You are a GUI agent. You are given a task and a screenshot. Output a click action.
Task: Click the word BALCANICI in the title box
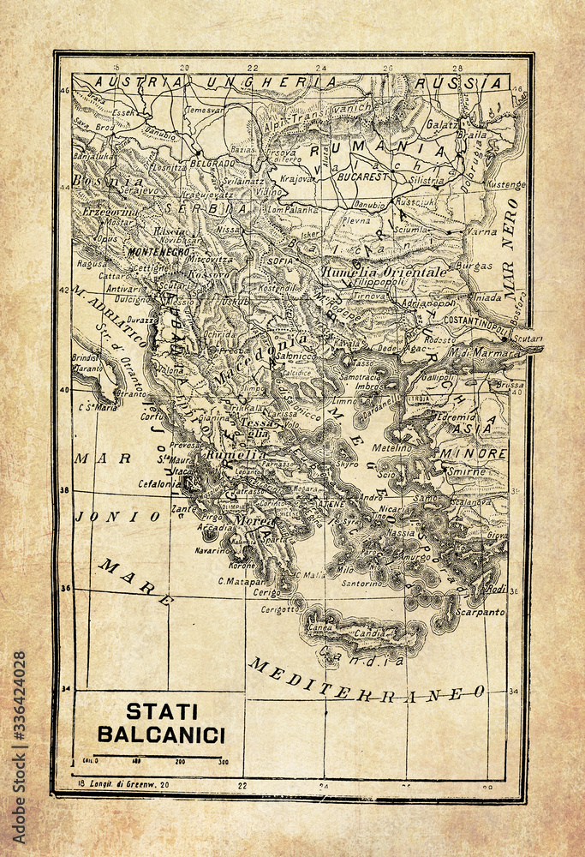tap(161, 734)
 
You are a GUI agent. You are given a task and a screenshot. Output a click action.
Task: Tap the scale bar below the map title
tap(158, 758)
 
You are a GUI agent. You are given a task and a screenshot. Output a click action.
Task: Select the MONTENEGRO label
tap(158, 252)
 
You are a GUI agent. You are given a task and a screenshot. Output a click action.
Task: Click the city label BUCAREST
tap(363, 176)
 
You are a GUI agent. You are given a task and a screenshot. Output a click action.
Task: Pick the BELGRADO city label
tap(212, 162)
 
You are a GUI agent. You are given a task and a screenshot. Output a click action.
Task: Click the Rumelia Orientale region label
tap(385, 271)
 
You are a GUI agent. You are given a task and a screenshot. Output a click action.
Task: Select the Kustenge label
tap(505, 183)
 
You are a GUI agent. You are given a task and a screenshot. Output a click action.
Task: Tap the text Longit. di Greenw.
tap(129, 784)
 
